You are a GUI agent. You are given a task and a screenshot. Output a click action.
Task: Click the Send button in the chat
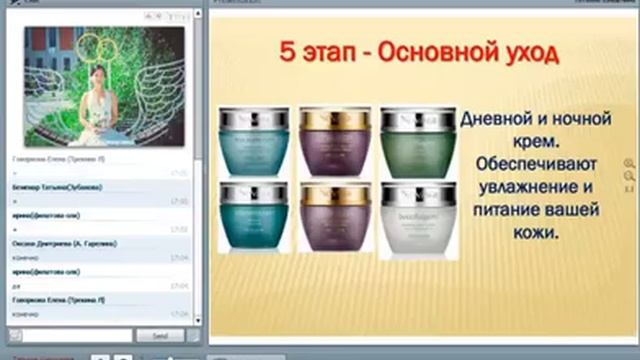click(x=160, y=335)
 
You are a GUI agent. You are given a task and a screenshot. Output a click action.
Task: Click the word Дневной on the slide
click(x=499, y=119)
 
